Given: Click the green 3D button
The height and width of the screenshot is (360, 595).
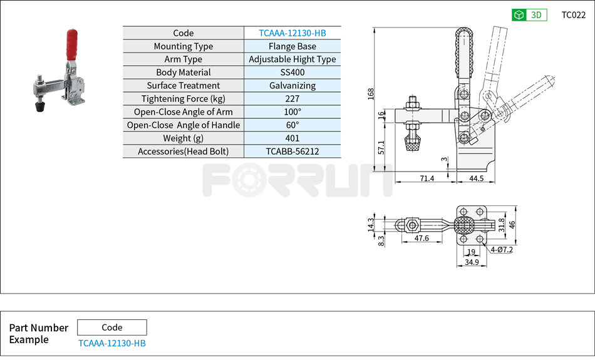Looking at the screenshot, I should pos(529,15).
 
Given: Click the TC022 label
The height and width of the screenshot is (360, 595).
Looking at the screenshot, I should pos(573,15).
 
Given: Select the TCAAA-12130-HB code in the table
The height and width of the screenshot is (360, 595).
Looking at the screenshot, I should pos(292,33).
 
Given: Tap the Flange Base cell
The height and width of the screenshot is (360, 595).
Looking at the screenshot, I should pos(292,46).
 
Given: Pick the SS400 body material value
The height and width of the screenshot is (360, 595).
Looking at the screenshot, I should pos(292,73).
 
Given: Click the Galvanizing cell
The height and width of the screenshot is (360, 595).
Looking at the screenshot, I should pos(292,86).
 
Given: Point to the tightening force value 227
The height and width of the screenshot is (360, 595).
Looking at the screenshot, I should pos(292,99).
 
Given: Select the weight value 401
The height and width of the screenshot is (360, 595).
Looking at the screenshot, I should pos(292,138).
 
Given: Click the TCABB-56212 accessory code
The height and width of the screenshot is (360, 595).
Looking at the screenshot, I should pos(292,152).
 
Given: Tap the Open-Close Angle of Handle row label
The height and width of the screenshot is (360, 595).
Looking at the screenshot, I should pos(184,125).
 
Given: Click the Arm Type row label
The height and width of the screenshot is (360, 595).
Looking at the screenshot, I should pos(184,59).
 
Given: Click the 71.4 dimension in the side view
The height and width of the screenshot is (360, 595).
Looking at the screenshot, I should pos(427,178).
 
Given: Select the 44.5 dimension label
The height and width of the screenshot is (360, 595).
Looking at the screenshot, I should pos(476,178).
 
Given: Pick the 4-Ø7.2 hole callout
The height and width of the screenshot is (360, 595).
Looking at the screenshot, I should pos(502,250).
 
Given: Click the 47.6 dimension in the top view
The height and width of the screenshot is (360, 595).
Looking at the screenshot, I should pos(422,239).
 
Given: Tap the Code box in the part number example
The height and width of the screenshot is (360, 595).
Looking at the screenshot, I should pos(112,327).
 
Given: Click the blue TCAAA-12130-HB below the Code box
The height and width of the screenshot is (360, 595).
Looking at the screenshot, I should pos(112,343).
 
